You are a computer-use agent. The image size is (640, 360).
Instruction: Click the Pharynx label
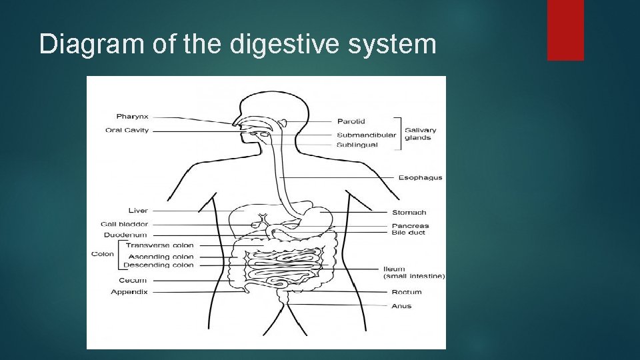(x=132, y=117)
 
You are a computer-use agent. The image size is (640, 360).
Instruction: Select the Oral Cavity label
(x=127, y=130)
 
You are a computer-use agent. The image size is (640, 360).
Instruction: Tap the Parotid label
(x=351, y=121)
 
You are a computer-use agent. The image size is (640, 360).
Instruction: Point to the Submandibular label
(x=366, y=135)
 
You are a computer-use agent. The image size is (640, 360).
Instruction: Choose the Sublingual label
(x=357, y=145)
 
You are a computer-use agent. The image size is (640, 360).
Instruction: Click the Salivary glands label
(x=420, y=134)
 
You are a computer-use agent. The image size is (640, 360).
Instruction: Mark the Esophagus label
(x=420, y=177)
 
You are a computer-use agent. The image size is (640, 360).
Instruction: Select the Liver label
(x=138, y=211)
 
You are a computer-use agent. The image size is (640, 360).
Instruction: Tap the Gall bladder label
(x=125, y=224)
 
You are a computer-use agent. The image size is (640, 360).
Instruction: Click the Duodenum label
(x=125, y=235)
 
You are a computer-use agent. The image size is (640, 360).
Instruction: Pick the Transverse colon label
(x=159, y=245)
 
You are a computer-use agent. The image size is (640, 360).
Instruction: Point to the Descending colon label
(x=158, y=265)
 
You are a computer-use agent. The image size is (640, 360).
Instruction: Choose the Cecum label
(x=133, y=280)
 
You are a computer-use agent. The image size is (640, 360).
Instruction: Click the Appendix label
(x=129, y=291)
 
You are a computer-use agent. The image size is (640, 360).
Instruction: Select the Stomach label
(x=409, y=213)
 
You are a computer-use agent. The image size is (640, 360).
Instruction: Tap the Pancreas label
(x=410, y=225)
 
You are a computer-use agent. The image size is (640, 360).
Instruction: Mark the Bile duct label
(x=407, y=233)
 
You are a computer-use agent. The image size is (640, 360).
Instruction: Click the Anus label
(x=401, y=306)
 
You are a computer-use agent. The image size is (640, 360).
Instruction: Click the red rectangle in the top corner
(x=565, y=29)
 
